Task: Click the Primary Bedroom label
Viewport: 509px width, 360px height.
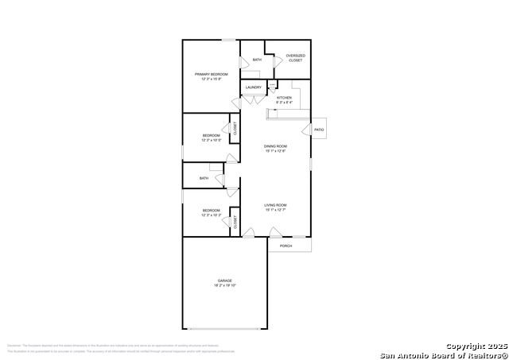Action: point(212,74)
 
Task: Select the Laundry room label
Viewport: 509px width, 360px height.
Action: point(254,87)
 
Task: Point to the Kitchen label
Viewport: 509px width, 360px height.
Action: point(284,98)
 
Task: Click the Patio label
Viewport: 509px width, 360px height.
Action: point(319,130)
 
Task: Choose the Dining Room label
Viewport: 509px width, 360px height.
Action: point(275,146)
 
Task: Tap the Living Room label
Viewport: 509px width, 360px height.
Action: point(275,205)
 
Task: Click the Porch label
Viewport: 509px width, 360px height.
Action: point(286,246)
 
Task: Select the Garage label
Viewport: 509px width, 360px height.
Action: point(225,281)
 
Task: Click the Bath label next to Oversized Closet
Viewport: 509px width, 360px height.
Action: point(257,60)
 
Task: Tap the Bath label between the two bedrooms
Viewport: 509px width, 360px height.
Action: point(204,179)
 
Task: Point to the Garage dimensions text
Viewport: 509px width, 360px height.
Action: point(225,286)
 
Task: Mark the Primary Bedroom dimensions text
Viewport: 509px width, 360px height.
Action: point(212,79)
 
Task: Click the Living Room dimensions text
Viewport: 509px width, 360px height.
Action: point(275,211)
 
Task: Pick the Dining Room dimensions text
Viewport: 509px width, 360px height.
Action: point(275,152)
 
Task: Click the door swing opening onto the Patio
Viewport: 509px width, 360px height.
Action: point(305,130)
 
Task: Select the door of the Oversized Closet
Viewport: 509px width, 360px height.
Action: point(277,60)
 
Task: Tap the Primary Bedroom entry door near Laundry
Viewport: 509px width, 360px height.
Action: point(235,103)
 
